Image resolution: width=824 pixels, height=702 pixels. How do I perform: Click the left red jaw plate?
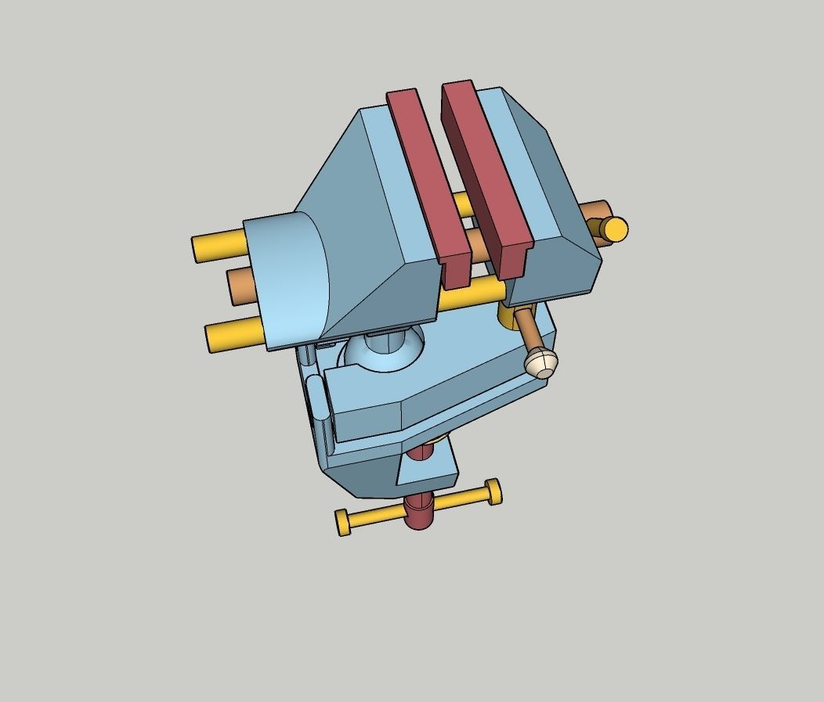click(427, 180)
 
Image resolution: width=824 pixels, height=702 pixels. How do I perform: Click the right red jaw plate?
click(486, 172)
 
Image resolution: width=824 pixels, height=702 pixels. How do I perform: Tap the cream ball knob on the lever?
click(541, 362)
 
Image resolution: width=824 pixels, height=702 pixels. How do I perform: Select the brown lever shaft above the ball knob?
click(526, 329)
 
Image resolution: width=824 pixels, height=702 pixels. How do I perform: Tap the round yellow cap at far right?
click(615, 229)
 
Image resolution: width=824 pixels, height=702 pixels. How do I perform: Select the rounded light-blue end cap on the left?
click(290, 282)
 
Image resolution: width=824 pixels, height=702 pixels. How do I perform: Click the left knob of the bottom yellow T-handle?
click(343, 522)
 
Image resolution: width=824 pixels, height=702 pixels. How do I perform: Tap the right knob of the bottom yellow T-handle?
click(493, 491)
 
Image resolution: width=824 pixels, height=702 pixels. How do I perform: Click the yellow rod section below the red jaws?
click(470, 296)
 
